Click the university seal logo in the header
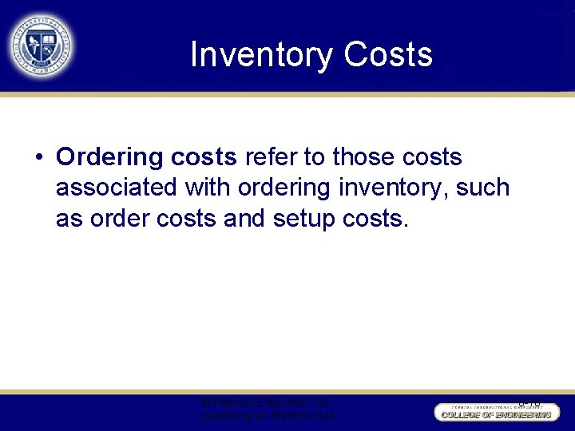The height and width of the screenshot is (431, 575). pos(42,45)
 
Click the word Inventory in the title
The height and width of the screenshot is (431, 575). pos(261,55)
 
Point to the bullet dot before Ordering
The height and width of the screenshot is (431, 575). pos(38,157)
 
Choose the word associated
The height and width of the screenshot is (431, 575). pos(118,188)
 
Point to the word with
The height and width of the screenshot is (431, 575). pos(207,188)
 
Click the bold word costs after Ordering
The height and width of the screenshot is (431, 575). pos(203,157)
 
